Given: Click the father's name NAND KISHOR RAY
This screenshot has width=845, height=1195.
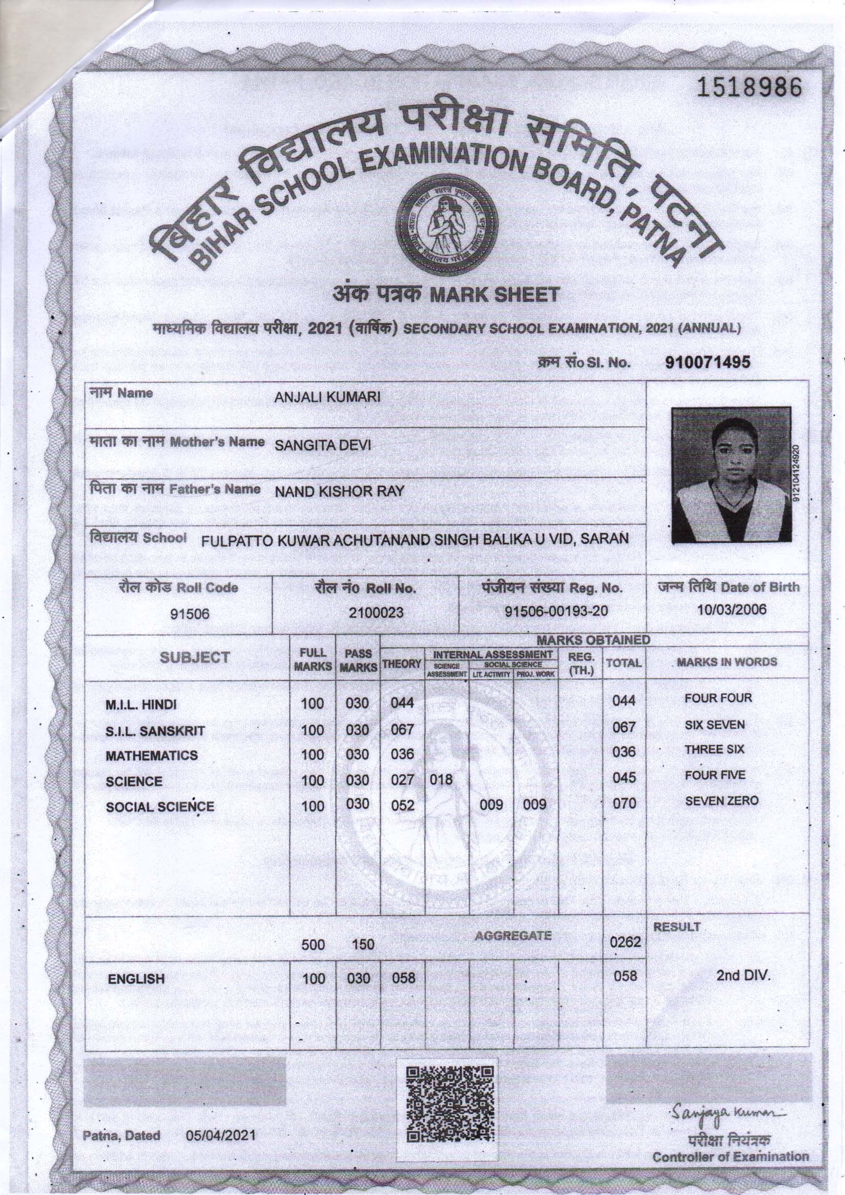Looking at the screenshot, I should point(339,491).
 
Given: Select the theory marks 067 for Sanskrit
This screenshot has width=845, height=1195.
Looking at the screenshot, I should point(402,730).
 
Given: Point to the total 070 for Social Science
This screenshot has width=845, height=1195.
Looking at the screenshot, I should point(624,803).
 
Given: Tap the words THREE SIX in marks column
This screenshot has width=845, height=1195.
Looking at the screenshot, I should point(721,749).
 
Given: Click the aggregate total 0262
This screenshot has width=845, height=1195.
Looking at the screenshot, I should point(624,943).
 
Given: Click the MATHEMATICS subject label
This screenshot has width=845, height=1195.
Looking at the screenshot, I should point(151,756).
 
